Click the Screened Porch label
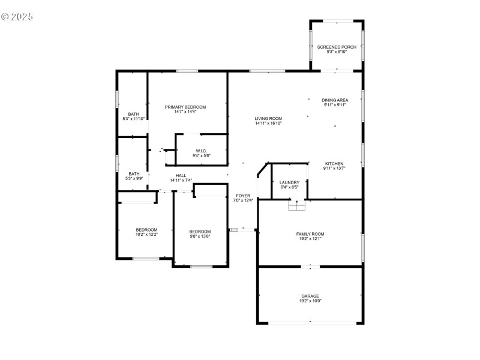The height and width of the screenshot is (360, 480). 337,47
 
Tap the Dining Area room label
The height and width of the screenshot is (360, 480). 334,100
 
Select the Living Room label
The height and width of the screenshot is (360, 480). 268,118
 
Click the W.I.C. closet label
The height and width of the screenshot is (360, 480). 201,151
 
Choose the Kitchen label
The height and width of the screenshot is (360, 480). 334,163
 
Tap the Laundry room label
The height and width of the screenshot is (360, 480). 289,182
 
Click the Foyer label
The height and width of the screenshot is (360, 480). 242,196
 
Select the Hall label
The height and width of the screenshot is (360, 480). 181,175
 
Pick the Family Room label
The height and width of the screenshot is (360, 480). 310,234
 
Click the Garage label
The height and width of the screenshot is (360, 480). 310,296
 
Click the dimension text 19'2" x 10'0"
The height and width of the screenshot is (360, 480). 310,301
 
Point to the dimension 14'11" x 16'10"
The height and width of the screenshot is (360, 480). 268,124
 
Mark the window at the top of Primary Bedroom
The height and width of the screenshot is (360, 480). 187,71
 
